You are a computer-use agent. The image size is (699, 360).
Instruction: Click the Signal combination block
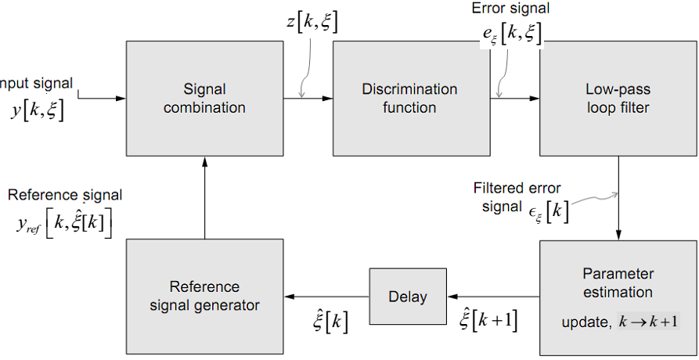pos(204,98)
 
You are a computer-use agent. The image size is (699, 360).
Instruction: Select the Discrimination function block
pos(409,98)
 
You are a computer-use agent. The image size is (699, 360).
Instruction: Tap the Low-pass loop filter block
pos(618,98)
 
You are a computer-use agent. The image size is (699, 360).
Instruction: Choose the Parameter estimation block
pos(618,297)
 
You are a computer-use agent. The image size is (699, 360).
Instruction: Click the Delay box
pos(408,297)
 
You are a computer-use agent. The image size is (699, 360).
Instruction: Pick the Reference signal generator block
pos(204,297)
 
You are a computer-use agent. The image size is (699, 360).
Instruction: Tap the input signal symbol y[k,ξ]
pos(37,110)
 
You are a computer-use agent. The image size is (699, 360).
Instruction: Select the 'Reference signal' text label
pos(65,195)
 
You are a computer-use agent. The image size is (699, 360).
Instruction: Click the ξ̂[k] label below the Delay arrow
pos(329,320)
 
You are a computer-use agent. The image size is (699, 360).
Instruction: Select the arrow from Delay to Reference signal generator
pos(326,297)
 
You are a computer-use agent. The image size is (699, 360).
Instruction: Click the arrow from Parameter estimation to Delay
pos(492,297)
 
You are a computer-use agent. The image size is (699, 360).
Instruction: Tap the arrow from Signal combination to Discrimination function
pos(308,98)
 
